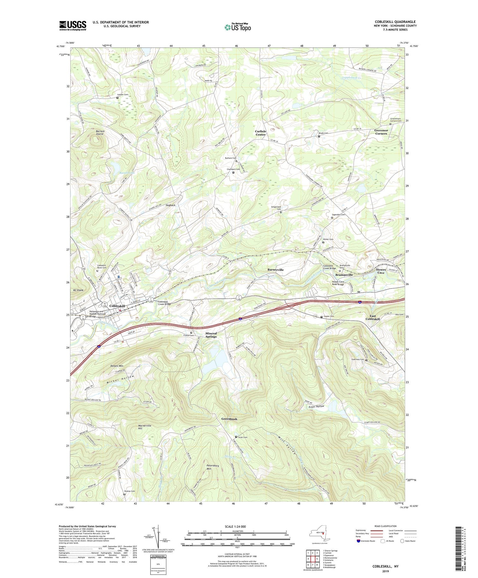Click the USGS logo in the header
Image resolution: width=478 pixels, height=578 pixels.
[73, 26]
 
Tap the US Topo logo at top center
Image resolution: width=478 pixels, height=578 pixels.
[237, 27]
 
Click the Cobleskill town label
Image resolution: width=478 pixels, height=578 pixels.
[117, 306]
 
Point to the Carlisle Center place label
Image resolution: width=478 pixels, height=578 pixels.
[260, 133]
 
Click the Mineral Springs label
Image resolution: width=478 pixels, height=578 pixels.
[211, 335]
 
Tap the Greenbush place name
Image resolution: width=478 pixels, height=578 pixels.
[229, 419]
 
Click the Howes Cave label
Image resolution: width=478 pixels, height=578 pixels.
[381, 271]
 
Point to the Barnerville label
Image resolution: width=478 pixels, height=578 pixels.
[275, 270]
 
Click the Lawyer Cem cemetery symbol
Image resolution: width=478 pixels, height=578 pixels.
[117, 98]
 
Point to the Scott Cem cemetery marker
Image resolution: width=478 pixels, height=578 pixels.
[236, 437]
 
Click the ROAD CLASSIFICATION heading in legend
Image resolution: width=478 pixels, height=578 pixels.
[386, 526]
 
